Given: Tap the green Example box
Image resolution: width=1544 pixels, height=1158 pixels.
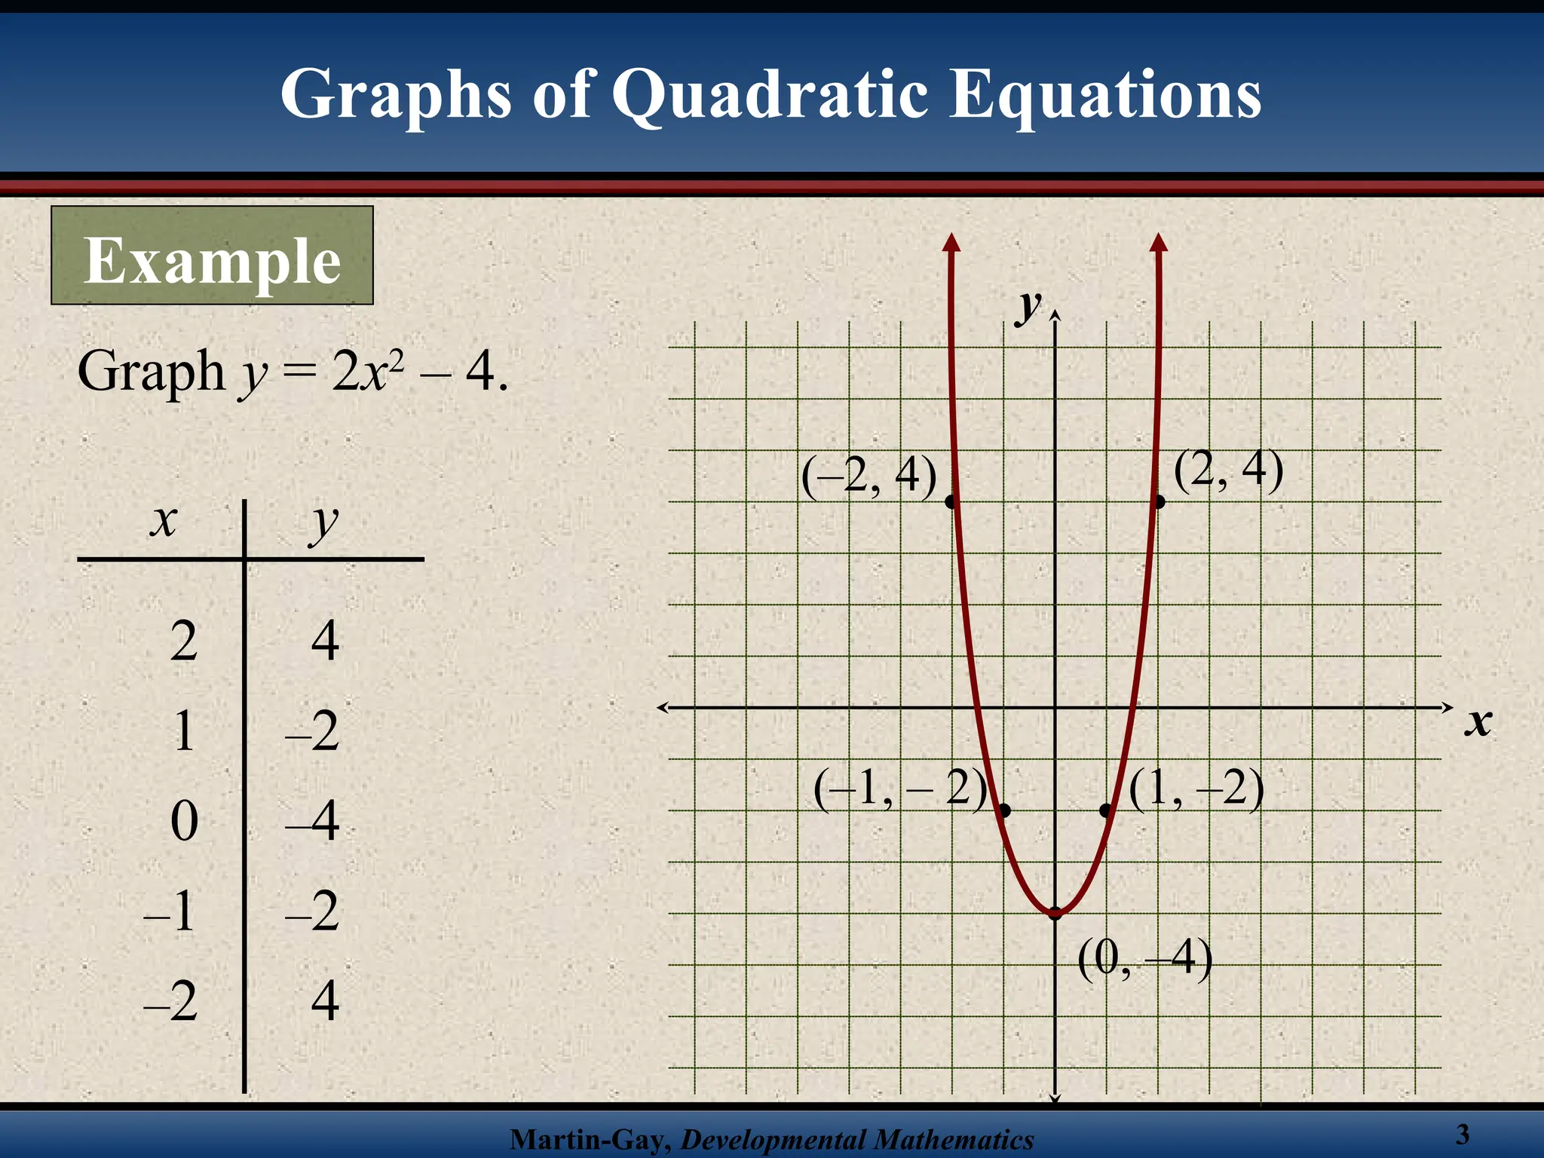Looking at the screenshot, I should coord(212,256).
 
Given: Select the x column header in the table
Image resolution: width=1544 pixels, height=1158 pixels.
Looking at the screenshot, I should coord(163,520).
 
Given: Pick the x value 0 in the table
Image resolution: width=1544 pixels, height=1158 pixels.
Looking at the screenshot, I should coord(184,820).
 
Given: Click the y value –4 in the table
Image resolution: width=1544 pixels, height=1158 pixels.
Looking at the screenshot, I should coord(313,820).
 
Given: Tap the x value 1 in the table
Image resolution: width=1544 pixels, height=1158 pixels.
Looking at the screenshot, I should coord(184,731).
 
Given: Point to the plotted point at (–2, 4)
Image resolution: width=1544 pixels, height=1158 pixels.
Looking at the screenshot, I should coord(951,501).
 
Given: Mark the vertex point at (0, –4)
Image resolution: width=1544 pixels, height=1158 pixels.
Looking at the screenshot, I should coord(1055,914).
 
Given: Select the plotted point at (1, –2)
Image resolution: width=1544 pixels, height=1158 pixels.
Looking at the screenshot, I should coord(1106,810).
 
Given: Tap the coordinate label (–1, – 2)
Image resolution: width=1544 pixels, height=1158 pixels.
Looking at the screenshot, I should coord(900,789).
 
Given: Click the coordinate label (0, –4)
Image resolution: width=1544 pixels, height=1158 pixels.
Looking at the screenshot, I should coord(1144,959).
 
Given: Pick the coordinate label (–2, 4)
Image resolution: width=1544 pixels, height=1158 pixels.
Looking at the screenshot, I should coord(868,476).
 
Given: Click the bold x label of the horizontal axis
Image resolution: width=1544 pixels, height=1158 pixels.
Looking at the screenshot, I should coord(1478,721).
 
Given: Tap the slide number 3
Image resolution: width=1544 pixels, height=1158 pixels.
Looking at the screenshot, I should coord(1463,1134).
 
